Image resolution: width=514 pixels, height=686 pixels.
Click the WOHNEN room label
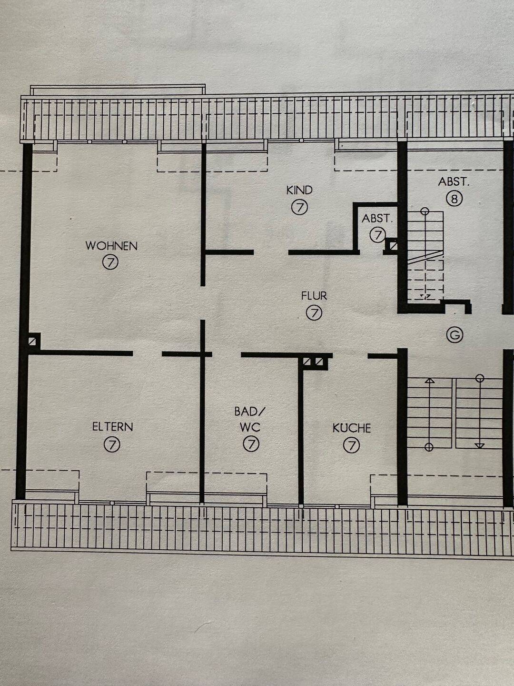[x=111, y=246]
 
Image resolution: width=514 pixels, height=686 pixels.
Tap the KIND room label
[x=299, y=190]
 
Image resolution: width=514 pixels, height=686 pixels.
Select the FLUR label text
[x=314, y=296]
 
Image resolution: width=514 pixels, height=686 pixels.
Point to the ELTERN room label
[x=112, y=426]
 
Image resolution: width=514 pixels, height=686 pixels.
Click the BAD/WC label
[x=250, y=419]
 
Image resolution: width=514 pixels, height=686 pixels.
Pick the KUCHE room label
[x=352, y=428]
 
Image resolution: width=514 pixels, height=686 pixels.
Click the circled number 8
[x=454, y=199]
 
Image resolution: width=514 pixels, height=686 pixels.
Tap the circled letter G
[x=455, y=335]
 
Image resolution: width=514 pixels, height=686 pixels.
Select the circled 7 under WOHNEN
[x=110, y=262]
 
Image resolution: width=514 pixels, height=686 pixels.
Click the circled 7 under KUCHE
[x=351, y=445]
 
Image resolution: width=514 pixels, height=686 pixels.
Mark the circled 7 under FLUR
[x=314, y=313]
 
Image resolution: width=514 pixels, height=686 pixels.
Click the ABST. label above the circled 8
[x=454, y=182]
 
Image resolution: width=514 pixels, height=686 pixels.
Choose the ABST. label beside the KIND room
[x=377, y=219]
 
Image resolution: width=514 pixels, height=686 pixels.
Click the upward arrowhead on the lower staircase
[x=430, y=381]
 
